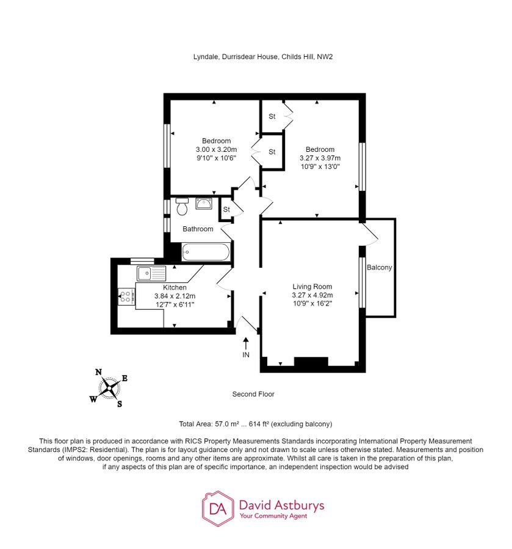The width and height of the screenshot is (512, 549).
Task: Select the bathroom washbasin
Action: (x=204, y=203)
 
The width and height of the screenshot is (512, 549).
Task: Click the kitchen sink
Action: (x=145, y=273)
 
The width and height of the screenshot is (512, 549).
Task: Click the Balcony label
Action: (x=379, y=267)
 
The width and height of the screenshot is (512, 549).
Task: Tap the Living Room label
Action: (x=312, y=287)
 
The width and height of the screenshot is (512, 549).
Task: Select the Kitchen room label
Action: (x=175, y=287)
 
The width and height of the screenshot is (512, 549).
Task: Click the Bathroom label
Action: (x=198, y=229)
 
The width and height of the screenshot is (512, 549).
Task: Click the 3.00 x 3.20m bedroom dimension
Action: (x=215, y=149)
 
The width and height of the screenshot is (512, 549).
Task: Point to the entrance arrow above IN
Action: (x=246, y=343)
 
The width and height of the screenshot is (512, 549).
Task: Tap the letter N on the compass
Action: (x=98, y=371)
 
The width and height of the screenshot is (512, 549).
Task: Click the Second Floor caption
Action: (x=253, y=394)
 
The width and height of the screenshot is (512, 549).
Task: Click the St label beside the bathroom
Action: (x=226, y=210)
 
